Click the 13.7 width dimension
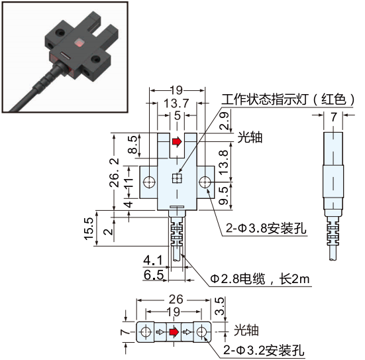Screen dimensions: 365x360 coord(176,103)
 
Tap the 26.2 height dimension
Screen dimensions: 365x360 coord(115,172)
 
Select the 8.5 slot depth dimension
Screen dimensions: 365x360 coord(133,145)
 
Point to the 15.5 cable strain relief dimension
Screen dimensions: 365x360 coord(89,229)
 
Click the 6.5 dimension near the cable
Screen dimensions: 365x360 coord(154,274)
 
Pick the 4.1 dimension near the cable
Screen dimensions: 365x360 coord(153,261)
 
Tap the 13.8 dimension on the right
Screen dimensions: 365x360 coord(224,162)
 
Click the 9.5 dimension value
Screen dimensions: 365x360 coord(224,196)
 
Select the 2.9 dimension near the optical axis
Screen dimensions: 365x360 coord(225,121)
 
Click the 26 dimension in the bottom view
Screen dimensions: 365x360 coord(176,300)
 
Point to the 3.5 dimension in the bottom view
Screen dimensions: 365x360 coord(219,306)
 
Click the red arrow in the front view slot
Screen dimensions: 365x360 coord(177,141)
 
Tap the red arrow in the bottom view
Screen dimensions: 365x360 coord(174,332)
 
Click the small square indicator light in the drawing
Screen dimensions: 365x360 coord(177,178)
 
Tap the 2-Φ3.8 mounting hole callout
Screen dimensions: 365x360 coord(266,228)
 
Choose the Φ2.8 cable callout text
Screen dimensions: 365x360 coord(260,278)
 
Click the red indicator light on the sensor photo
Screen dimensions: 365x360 coord(79,43)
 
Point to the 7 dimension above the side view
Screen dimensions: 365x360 coord(334,117)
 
